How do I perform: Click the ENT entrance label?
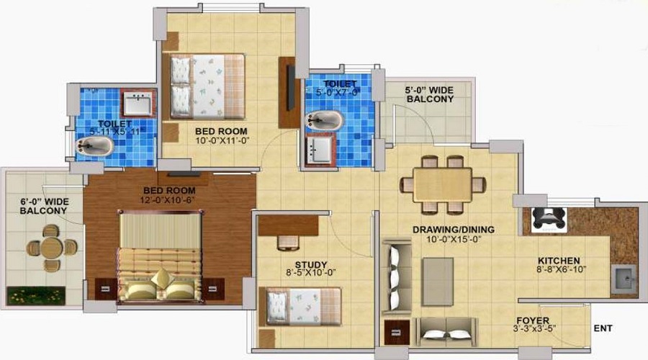(603, 328)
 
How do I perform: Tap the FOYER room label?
(533, 320)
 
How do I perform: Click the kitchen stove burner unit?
(549, 219)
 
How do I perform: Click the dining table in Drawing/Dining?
(443, 185)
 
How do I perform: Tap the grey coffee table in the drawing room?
(438, 282)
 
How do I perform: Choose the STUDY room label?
(311, 264)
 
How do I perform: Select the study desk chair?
(288, 243)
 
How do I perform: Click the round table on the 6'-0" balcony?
(52, 247)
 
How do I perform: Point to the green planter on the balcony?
(36, 295)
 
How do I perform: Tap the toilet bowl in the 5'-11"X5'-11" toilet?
(94, 146)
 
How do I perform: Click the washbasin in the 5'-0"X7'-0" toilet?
(320, 149)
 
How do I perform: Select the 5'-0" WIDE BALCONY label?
(430, 94)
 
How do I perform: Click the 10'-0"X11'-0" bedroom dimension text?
(222, 140)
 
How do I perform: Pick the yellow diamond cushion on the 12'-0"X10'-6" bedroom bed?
(163, 278)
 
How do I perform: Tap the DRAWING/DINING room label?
(453, 230)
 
